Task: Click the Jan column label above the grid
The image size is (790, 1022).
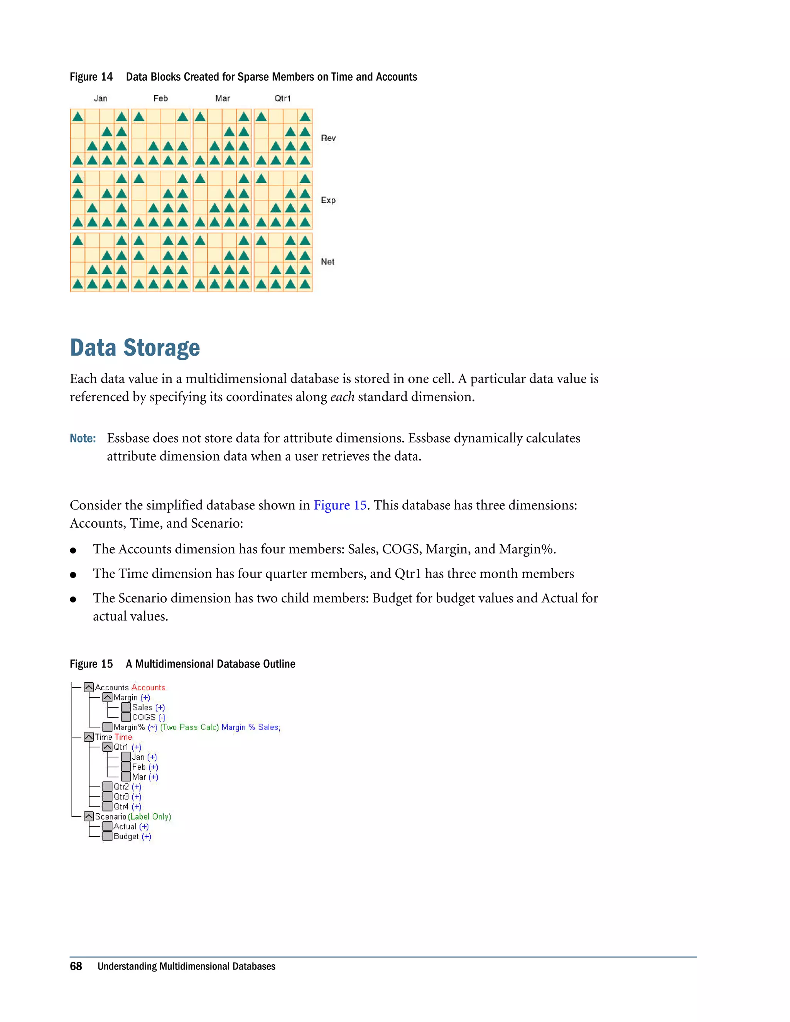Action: point(100,98)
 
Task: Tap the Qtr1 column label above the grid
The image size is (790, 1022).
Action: point(282,98)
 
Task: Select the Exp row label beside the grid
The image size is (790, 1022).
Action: point(328,200)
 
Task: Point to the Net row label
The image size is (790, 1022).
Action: point(327,261)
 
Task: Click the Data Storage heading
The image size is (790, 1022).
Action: point(135,348)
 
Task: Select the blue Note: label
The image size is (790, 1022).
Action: point(83,438)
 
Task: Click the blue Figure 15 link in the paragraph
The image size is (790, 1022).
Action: point(340,505)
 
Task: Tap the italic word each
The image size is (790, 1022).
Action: point(342,397)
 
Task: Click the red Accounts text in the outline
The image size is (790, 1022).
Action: point(149,687)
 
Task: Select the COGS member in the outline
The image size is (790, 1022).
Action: point(143,717)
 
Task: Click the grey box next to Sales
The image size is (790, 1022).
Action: point(126,707)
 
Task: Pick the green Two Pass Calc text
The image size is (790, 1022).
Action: point(189,727)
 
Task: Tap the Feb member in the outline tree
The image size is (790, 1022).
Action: point(138,767)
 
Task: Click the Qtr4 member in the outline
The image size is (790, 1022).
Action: point(121,806)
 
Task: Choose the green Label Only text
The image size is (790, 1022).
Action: point(150,816)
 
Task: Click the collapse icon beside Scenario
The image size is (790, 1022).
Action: point(88,816)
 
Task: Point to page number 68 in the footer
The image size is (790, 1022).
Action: point(76,966)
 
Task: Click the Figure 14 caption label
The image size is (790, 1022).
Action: point(91,77)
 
